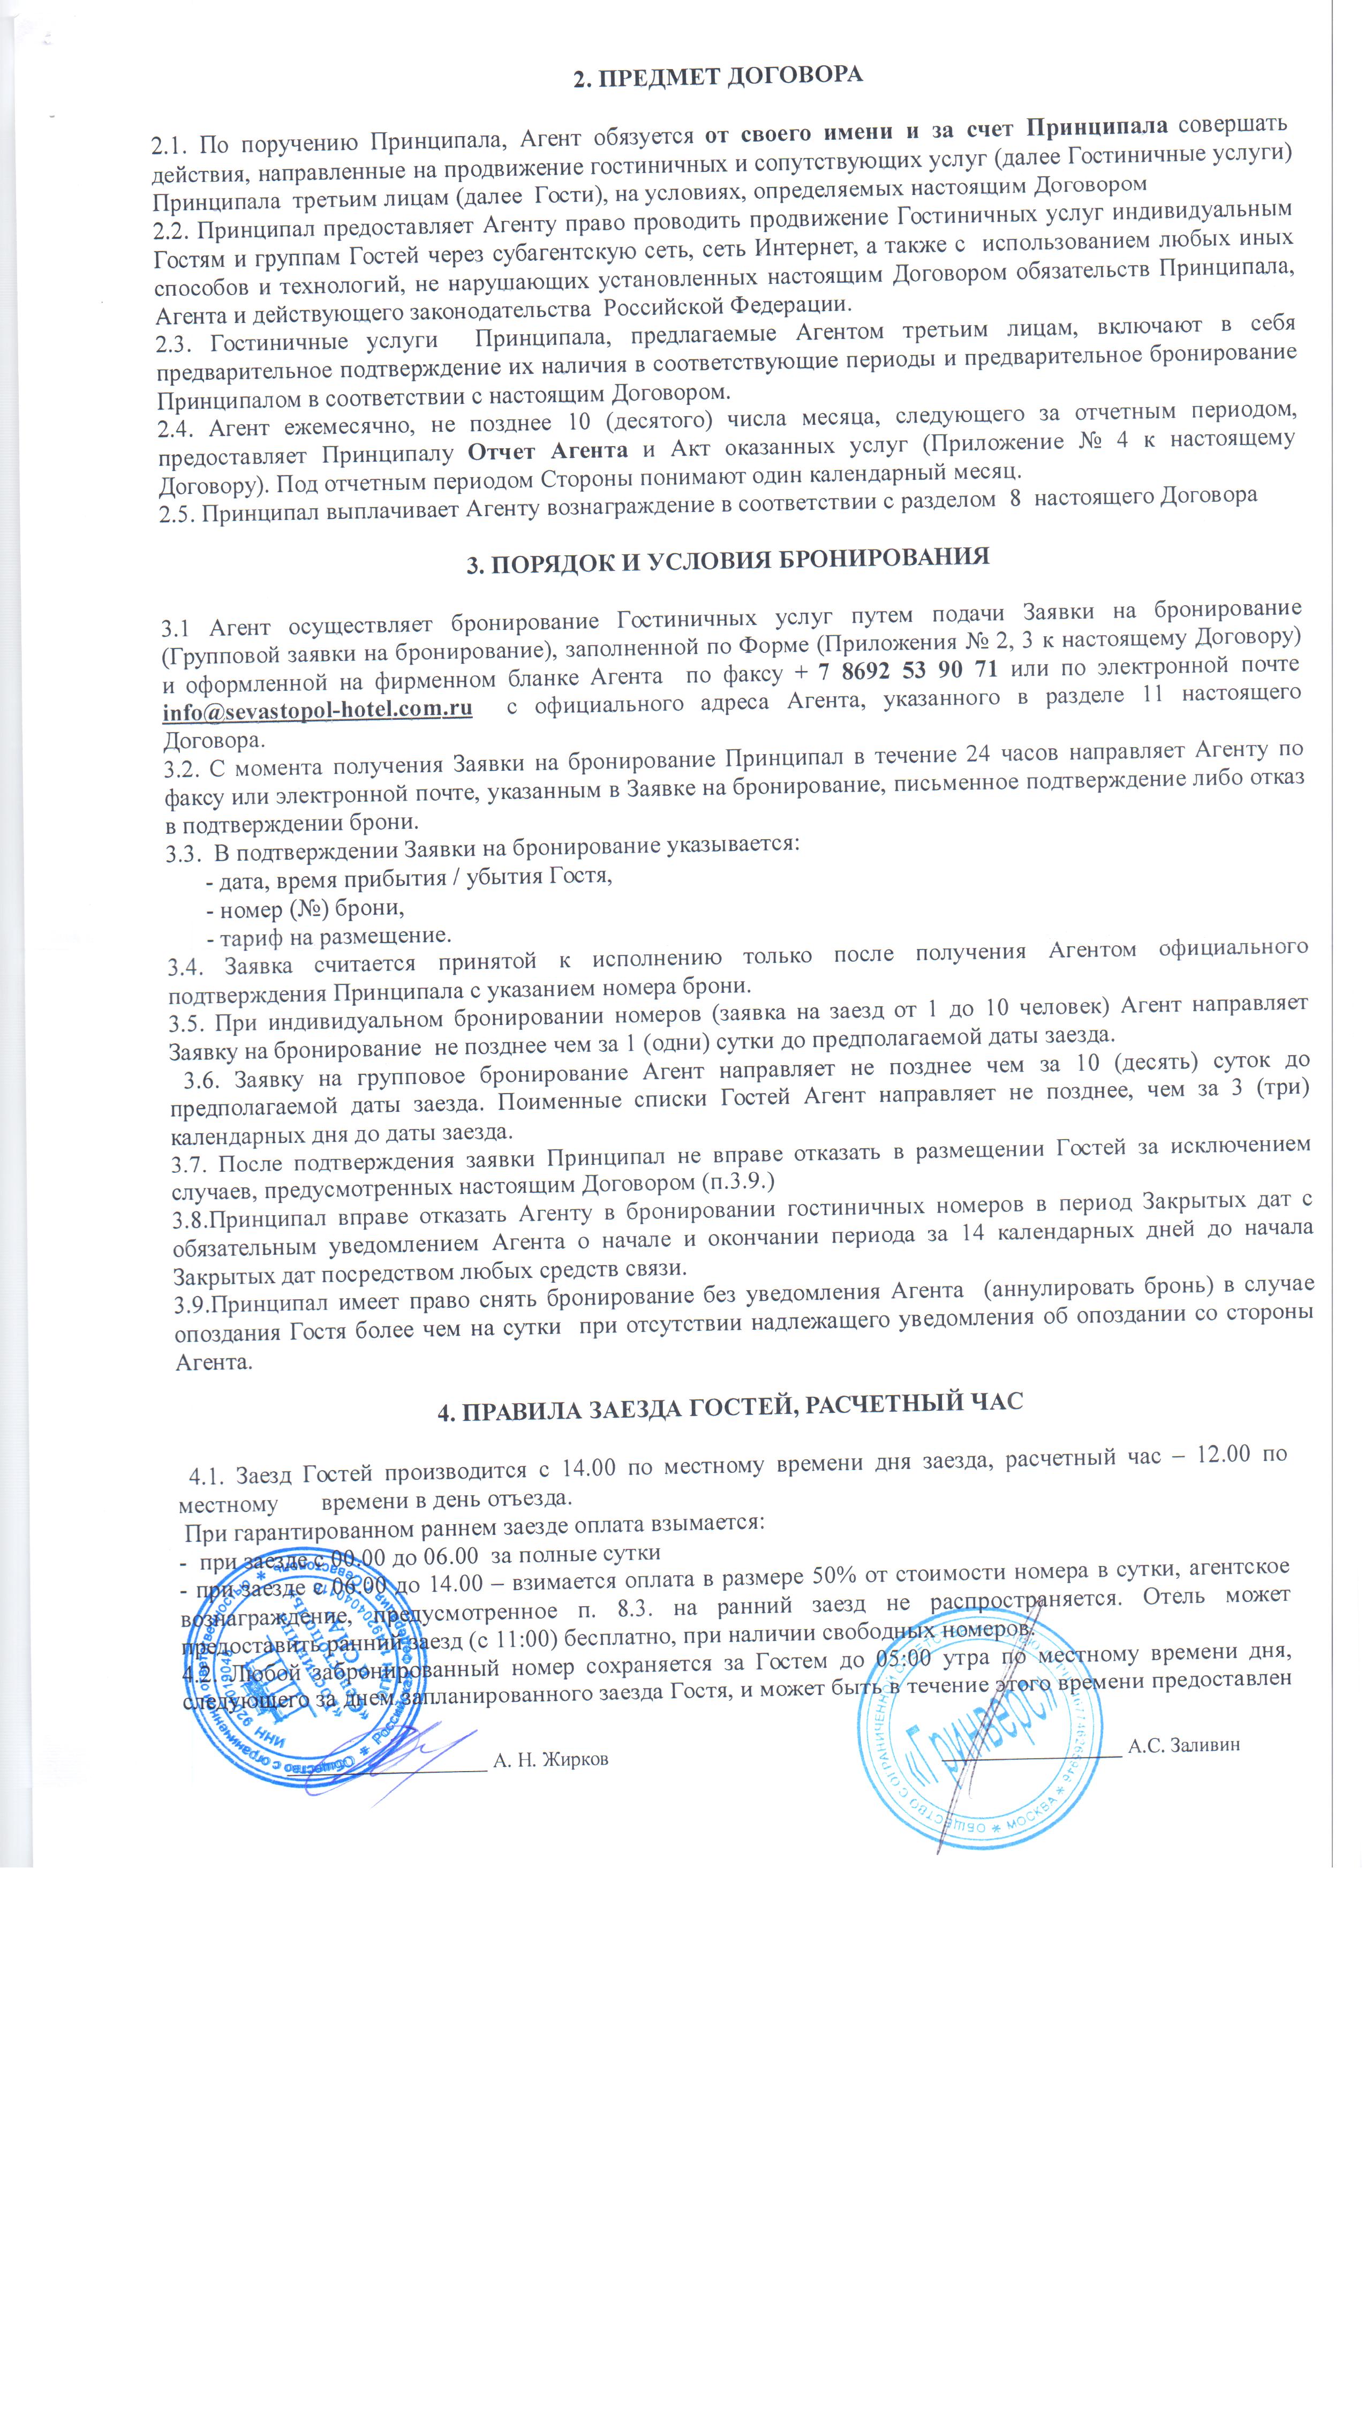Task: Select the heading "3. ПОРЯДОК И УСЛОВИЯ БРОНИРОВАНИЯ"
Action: tap(728, 560)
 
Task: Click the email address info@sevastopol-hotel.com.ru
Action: tap(317, 710)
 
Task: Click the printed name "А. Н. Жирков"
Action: tap(550, 1759)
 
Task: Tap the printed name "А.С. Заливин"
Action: tap(1183, 1744)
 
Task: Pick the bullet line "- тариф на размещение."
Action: tap(328, 936)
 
